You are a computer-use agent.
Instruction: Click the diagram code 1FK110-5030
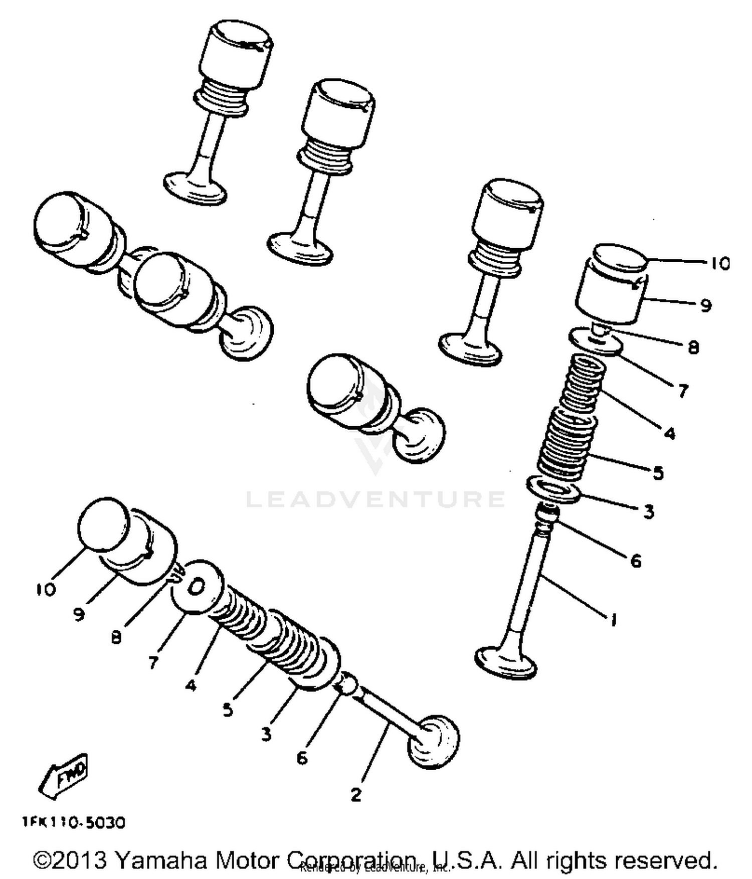pyautogui.click(x=73, y=823)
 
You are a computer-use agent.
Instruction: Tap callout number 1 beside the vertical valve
pyautogui.click(x=613, y=620)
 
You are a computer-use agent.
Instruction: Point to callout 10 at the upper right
pyautogui.click(x=720, y=264)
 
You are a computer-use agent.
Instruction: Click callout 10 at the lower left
pyautogui.click(x=46, y=589)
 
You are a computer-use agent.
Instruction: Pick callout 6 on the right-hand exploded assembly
pyautogui.click(x=636, y=561)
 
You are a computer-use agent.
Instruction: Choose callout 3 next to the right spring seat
pyautogui.click(x=649, y=512)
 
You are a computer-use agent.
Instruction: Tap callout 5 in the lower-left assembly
pyautogui.click(x=228, y=710)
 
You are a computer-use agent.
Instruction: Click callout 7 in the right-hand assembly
pyautogui.click(x=683, y=391)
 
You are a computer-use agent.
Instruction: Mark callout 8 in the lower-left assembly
pyautogui.click(x=116, y=637)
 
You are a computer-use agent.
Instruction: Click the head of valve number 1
pyautogui.click(x=505, y=663)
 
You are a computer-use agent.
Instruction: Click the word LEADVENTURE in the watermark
pyautogui.click(x=375, y=499)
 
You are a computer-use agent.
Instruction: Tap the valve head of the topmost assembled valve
pyautogui.click(x=195, y=189)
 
